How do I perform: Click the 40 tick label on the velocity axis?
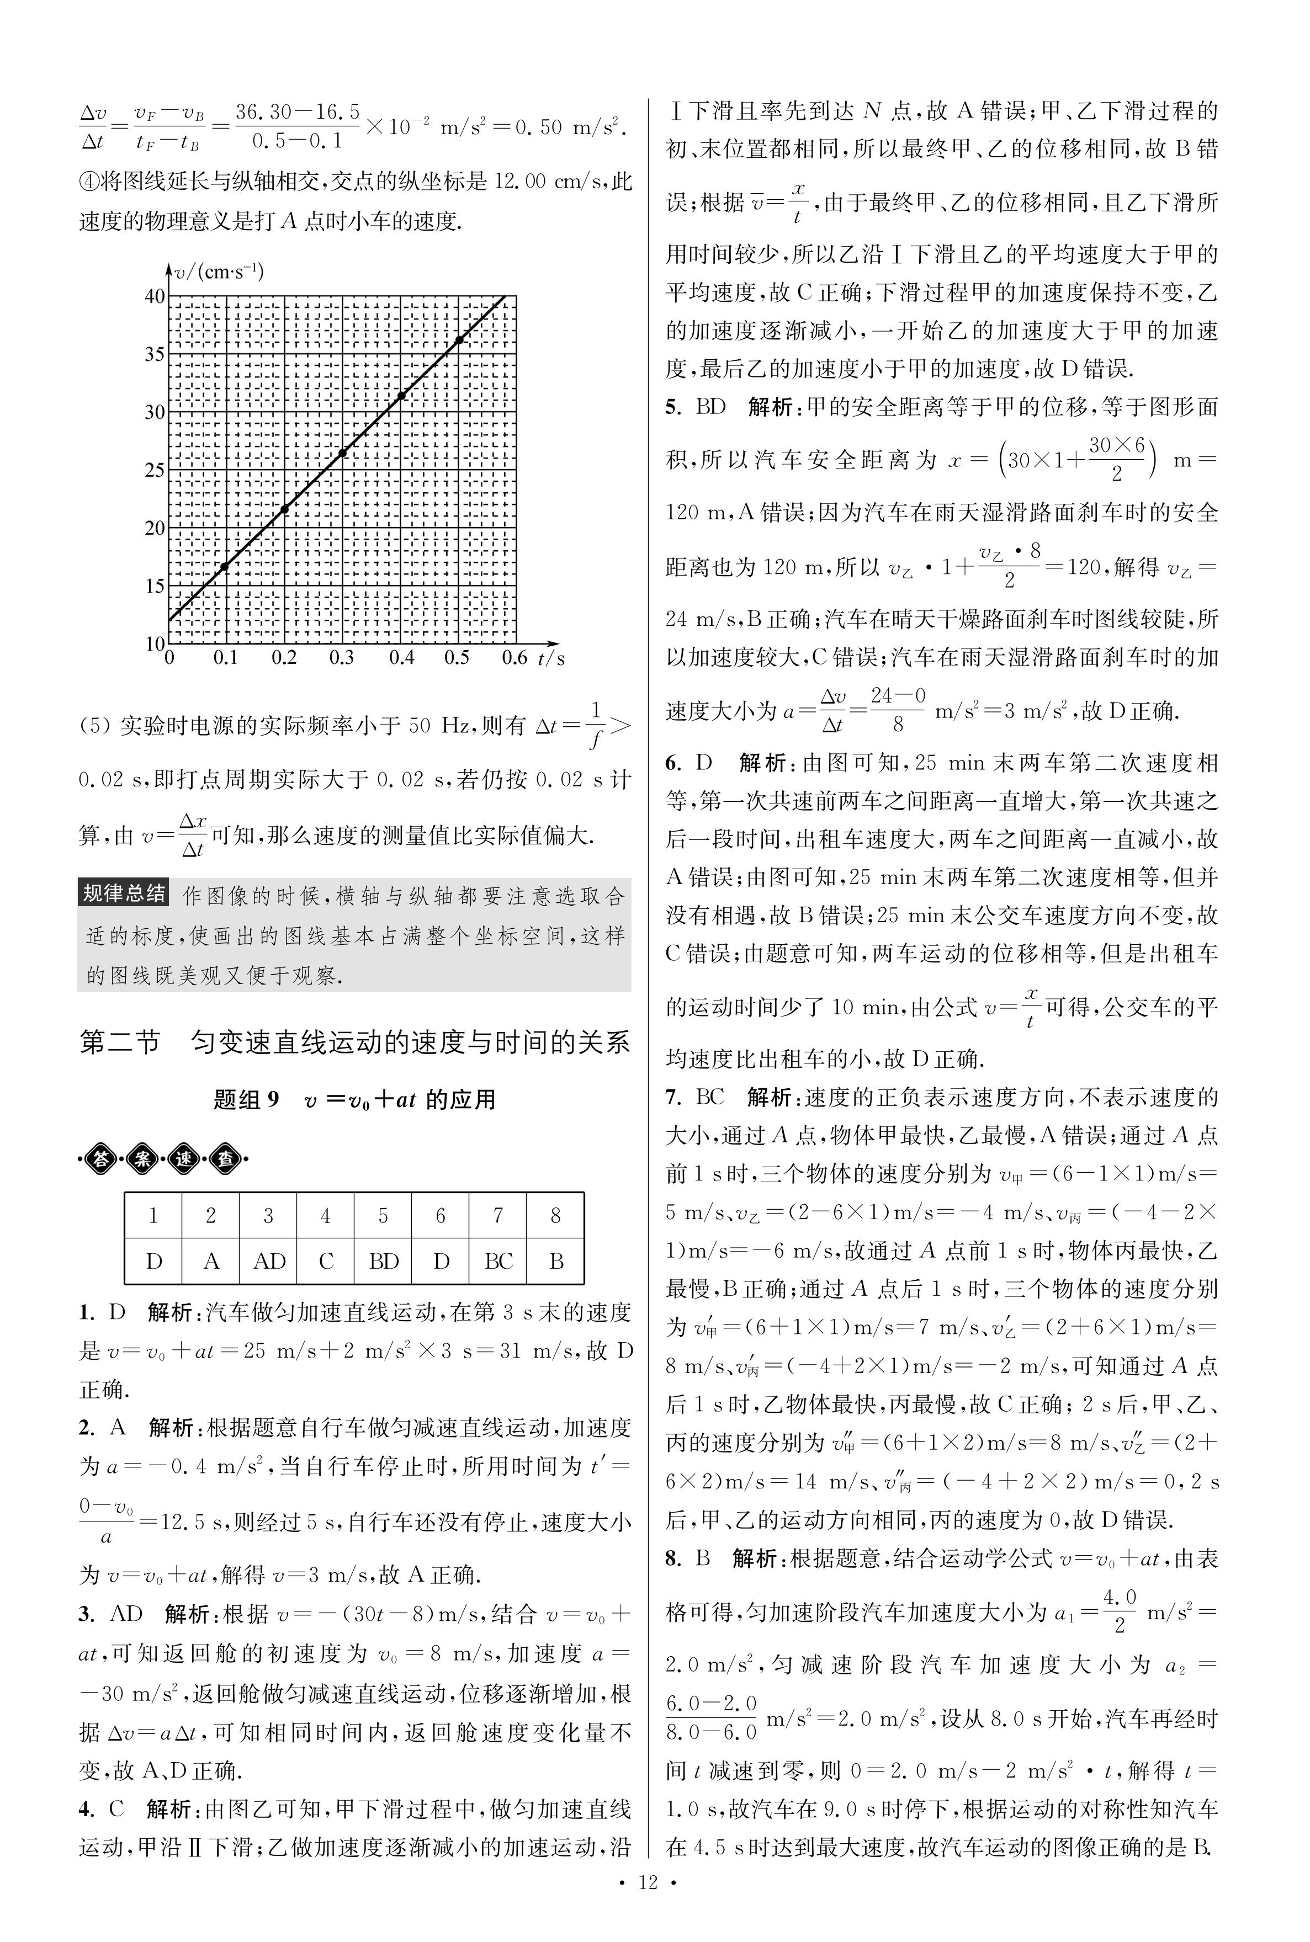(155, 296)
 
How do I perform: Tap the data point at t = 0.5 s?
(459, 340)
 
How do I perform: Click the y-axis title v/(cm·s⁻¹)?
(219, 272)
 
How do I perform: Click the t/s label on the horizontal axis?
(551, 659)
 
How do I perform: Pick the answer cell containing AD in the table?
(269, 1261)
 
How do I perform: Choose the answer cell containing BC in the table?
(498, 1261)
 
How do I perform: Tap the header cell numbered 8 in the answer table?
(555, 1216)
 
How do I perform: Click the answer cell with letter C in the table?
(326, 1261)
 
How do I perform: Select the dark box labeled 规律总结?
(124, 893)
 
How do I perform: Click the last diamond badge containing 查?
(226, 1159)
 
